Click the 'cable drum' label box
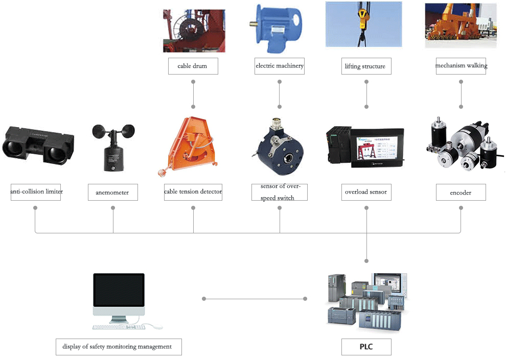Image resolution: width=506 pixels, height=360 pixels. [193, 66]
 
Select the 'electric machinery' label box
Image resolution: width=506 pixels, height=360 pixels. [280, 66]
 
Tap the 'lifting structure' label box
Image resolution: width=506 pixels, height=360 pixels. [366, 66]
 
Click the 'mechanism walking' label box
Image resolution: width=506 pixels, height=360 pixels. [461, 66]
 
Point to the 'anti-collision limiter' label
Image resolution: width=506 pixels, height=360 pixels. [35, 192]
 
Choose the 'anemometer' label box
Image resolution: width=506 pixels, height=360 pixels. [113, 192]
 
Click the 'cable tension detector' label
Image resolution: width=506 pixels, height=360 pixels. [193, 192]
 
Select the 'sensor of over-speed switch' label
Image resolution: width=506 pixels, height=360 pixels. [280, 192]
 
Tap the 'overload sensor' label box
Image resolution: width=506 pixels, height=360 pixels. [366, 192]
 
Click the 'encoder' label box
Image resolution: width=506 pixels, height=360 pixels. [461, 192]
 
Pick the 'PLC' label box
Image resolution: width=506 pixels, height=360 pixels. [366, 347]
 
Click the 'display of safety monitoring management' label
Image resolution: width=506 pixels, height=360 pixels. [119, 347]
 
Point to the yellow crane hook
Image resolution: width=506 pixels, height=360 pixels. [362, 19]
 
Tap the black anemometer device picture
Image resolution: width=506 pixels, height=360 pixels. [113, 148]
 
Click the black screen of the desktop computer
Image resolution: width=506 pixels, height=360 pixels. [119, 290]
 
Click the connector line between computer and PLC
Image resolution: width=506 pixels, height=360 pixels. [255, 299]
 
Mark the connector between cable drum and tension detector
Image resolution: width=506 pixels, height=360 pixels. [193, 94]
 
